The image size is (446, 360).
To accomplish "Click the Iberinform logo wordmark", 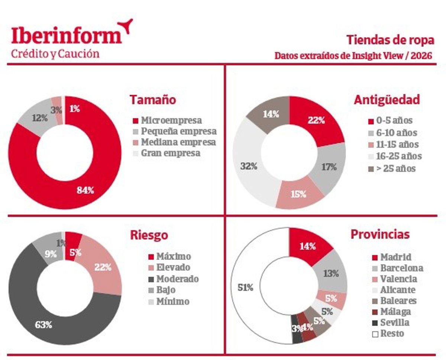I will click(x=67, y=35).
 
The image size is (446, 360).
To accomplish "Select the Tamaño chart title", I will click(x=152, y=100).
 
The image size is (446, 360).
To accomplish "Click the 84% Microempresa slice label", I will click(x=85, y=190).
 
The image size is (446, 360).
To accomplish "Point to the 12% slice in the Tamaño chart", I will click(x=39, y=118).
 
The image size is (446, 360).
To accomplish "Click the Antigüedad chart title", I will click(x=387, y=100).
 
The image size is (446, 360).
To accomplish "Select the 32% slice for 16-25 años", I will click(x=249, y=166).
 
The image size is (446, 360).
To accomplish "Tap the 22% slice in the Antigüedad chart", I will click(x=316, y=120).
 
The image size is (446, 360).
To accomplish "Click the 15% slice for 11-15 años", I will click(x=298, y=194).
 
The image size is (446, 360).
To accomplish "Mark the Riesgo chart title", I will click(x=149, y=235).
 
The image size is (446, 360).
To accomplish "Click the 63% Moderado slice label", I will click(x=43, y=324).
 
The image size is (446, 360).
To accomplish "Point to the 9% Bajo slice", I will click(x=51, y=254).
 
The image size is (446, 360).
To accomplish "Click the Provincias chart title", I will click(x=380, y=234).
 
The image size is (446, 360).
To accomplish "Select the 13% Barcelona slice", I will click(x=330, y=274).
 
